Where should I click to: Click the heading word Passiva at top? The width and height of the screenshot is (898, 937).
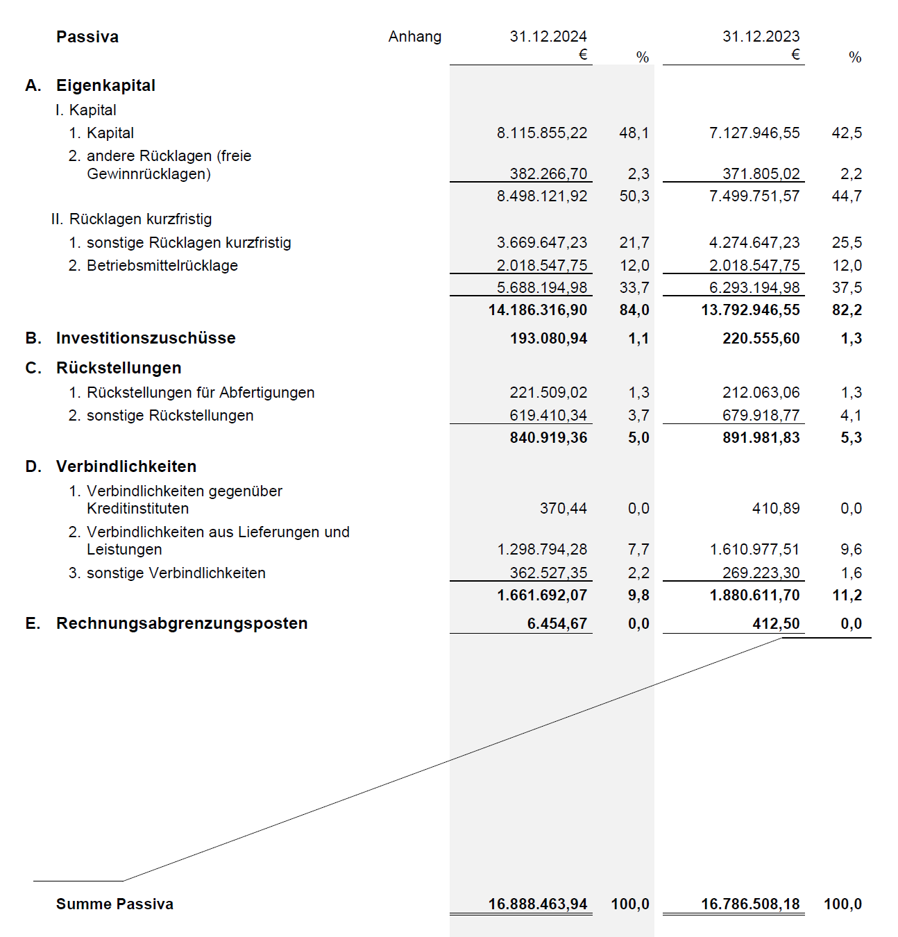point(87,37)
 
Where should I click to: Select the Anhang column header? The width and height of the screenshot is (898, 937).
point(414,37)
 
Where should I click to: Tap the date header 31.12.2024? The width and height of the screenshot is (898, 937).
point(548,37)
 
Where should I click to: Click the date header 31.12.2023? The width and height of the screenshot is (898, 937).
point(761,37)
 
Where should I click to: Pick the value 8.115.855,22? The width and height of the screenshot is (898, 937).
point(541,133)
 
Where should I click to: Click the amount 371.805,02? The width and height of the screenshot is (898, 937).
point(761,174)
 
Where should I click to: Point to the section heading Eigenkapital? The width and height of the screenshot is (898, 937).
point(105,85)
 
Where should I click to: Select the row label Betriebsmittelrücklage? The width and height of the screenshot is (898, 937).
point(162,266)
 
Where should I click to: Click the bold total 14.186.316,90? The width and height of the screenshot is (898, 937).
point(537,310)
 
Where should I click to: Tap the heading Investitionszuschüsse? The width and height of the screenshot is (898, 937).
point(146,338)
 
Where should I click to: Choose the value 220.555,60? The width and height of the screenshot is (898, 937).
point(761,339)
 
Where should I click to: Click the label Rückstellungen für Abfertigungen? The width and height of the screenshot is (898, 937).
point(200,393)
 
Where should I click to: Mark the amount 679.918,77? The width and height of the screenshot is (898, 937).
point(761,416)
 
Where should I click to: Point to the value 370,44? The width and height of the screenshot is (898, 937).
point(563,509)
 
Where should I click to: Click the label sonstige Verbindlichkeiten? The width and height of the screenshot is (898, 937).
point(176,573)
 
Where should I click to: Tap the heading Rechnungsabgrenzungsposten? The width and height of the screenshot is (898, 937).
point(182,623)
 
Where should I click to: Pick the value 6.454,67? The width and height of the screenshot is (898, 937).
point(557,624)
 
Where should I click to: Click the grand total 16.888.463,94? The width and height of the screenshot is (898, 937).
point(537,904)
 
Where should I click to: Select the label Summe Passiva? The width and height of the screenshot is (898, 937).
point(115,904)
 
